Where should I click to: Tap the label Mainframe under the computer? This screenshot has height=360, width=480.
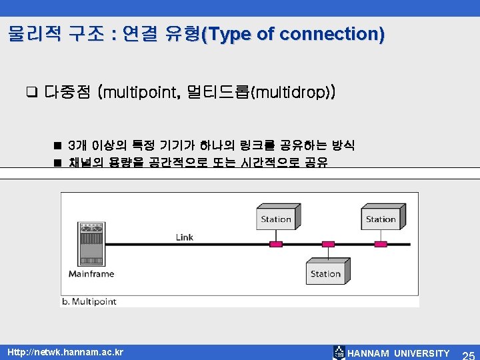(91, 273)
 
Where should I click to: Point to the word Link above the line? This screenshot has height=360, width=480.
(185, 237)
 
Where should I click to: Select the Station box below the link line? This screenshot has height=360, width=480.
(325, 273)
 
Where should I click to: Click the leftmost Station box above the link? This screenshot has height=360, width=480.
(276, 219)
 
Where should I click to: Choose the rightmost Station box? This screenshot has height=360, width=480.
(381, 219)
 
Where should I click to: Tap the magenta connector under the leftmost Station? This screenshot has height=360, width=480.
(276, 244)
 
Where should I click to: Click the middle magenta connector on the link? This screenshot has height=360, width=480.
(328, 244)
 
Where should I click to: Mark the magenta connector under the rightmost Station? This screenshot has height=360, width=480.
(381, 244)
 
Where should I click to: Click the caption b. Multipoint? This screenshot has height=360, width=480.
(89, 301)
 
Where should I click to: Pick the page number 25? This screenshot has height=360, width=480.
(467, 353)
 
